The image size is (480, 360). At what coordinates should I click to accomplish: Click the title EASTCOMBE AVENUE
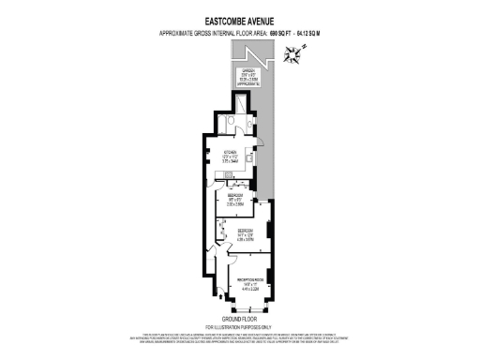pyautogui.click(x=239, y=16)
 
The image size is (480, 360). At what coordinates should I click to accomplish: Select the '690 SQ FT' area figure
pyautogui.click(x=282, y=33)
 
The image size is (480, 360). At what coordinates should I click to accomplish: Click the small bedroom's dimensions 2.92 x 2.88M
pyautogui.click(x=236, y=202)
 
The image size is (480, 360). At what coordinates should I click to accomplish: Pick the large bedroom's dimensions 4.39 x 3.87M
pyautogui.click(x=246, y=237)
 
